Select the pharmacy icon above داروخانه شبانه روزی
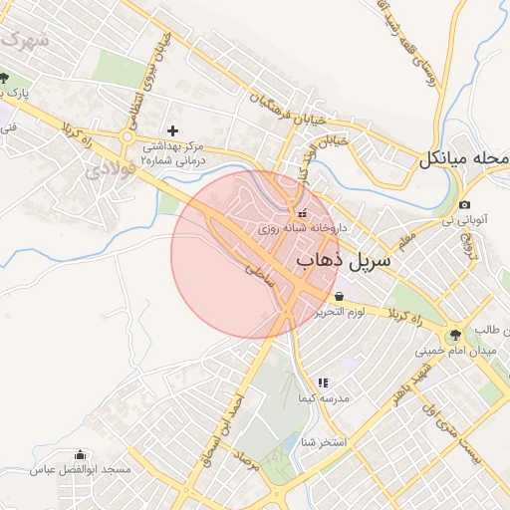click(x=302, y=212)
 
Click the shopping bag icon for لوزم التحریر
click(x=341, y=296)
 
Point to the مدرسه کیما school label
click(x=323, y=398)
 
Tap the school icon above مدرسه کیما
click(x=322, y=382)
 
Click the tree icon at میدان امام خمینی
click(x=455, y=336)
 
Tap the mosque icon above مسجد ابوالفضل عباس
click(x=80, y=456)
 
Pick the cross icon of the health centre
click(x=173, y=129)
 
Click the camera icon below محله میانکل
click(x=464, y=205)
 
